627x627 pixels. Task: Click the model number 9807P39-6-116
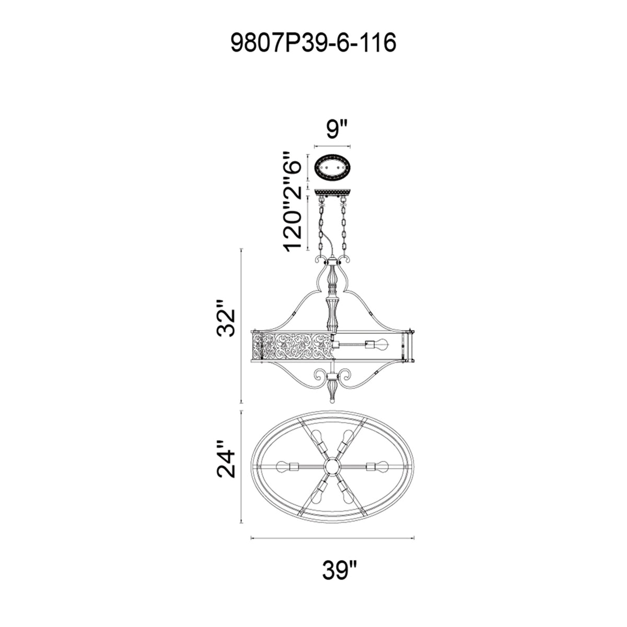(313, 43)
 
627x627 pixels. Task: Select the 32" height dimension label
(226, 318)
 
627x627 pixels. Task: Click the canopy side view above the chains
(332, 193)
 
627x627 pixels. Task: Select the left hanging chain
(321, 228)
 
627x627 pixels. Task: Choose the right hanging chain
(343, 228)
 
